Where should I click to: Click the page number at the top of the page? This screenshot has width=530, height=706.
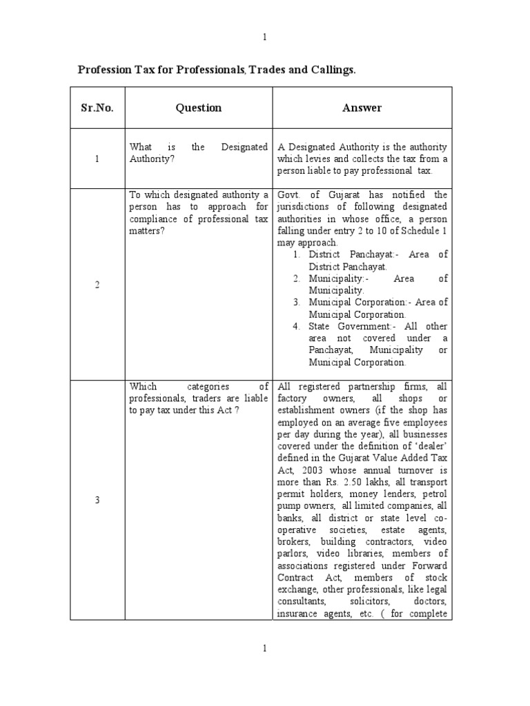point(264,37)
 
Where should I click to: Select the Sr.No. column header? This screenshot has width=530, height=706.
point(97,108)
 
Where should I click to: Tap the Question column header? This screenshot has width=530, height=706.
point(198,108)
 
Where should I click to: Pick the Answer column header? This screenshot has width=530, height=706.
point(362,108)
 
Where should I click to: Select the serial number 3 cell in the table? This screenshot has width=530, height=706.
point(97,500)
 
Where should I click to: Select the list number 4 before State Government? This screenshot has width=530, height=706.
point(295,326)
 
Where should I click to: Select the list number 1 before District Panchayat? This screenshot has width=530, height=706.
point(295,254)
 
